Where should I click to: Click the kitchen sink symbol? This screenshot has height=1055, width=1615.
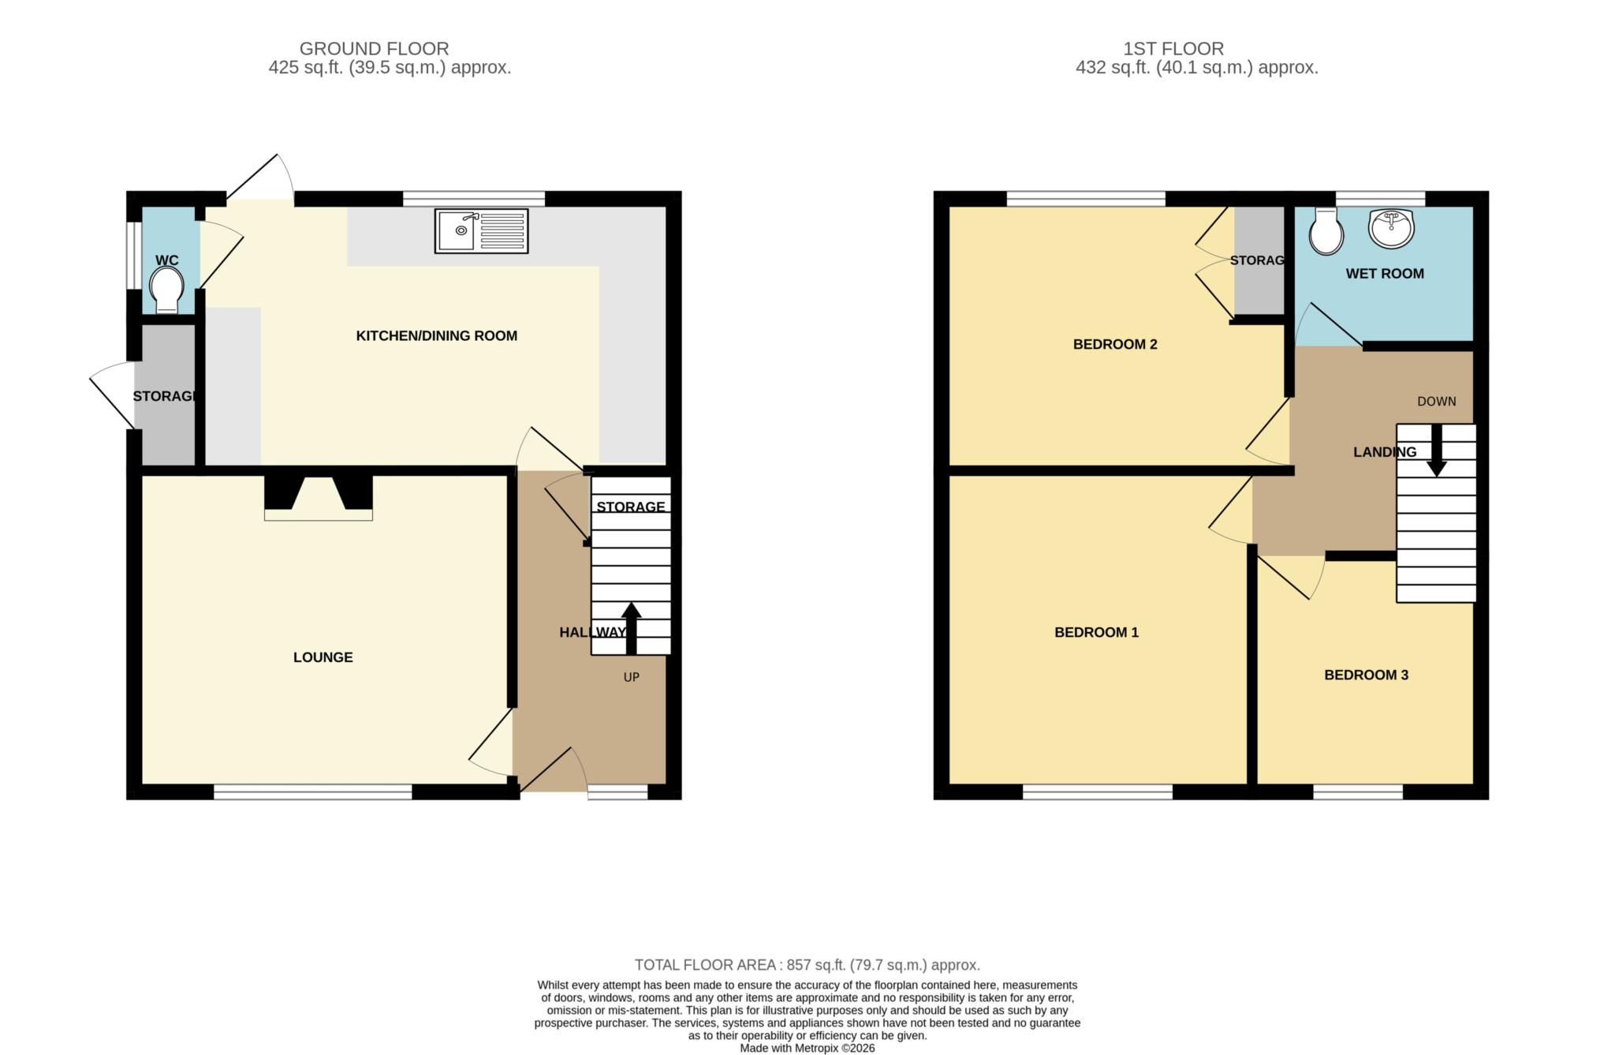(x=481, y=231)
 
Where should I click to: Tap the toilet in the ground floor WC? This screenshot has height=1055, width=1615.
(x=166, y=290)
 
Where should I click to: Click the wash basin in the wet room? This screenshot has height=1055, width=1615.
(x=1392, y=228)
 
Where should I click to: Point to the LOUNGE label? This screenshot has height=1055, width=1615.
(x=323, y=657)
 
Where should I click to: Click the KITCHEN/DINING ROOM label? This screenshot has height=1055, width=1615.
(x=437, y=336)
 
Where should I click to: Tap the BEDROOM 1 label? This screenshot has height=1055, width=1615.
(x=1096, y=632)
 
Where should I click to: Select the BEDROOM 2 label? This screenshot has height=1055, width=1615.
(x=1115, y=344)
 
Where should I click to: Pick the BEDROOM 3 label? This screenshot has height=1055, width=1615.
(x=1366, y=675)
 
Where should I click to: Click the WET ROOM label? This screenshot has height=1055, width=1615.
(x=1385, y=274)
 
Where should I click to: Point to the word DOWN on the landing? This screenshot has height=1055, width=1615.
(x=1437, y=402)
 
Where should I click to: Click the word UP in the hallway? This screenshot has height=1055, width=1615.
(x=632, y=677)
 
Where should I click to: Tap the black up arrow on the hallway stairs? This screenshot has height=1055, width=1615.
(x=631, y=629)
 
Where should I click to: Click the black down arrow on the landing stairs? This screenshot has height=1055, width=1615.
(x=1437, y=451)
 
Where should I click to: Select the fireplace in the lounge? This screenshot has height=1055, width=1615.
(x=319, y=498)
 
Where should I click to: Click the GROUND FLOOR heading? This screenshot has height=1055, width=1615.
(x=374, y=49)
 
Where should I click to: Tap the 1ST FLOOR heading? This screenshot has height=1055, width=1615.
(x=1173, y=49)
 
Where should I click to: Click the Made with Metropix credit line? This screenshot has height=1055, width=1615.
(x=807, y=1049)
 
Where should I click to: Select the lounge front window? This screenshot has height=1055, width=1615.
(x=313, y=791)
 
